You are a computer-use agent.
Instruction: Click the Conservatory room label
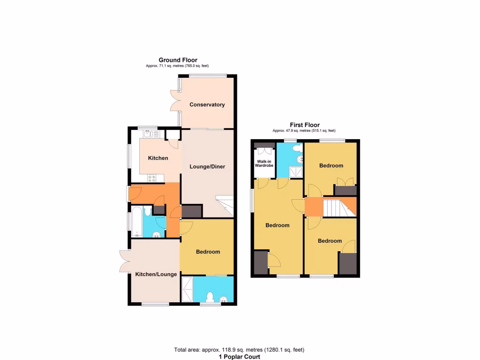[207, 105]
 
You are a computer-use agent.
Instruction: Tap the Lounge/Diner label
[207, 166]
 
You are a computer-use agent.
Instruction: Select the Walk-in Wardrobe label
[264, 164]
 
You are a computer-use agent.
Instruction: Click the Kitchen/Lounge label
[156, 274]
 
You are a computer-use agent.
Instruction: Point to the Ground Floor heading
[178, 60]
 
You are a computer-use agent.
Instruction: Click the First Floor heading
[305, 125]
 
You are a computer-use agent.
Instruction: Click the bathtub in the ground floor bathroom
[135, 221]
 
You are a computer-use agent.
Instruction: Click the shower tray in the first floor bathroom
[296, 172]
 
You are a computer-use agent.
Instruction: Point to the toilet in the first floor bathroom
[296, 149]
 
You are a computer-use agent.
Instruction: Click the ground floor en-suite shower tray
[187, 289]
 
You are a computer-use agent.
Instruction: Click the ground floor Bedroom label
[208, 252]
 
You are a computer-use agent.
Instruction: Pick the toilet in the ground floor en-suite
[210, 297]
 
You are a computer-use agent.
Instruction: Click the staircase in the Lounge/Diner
[224, 204]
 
